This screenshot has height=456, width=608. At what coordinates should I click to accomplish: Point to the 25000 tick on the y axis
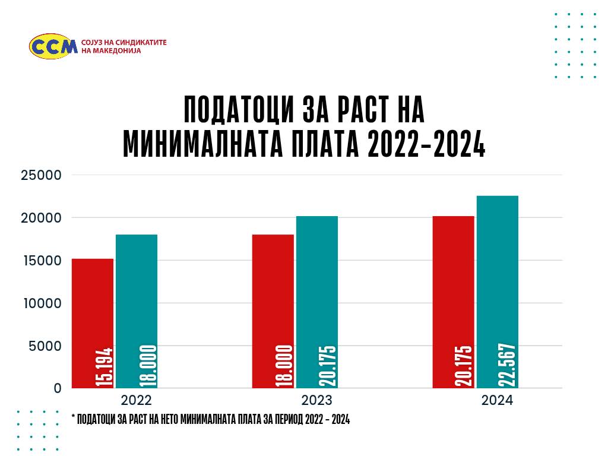tap(42, 175)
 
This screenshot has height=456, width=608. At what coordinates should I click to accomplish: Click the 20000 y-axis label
tap(42, 218)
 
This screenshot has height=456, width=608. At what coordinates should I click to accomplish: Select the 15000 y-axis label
tap(42, 261)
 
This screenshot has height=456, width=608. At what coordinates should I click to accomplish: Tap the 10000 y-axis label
tap(42, 303)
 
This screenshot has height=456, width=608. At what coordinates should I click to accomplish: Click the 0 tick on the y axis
tap(58, 388)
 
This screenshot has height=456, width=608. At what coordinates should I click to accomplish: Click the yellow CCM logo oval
tap(53, 46)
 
